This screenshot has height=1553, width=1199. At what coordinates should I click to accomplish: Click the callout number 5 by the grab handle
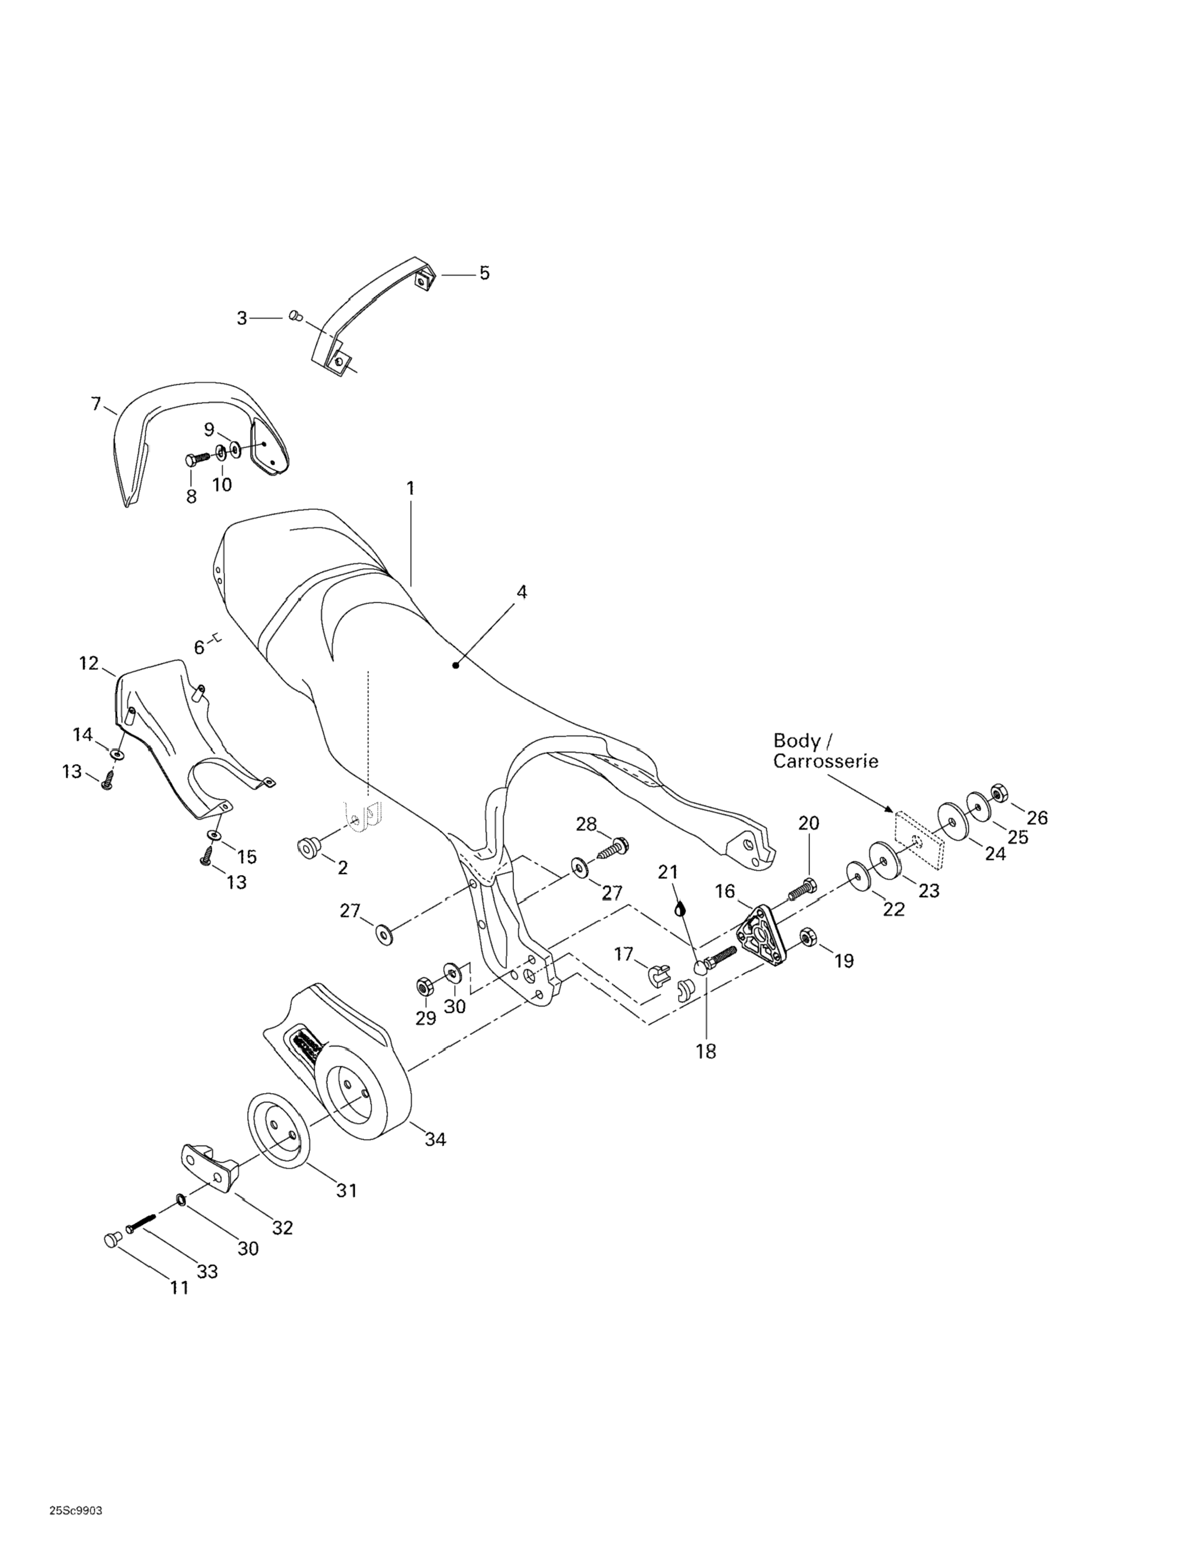484,273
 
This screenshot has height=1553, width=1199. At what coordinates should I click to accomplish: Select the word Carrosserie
826,761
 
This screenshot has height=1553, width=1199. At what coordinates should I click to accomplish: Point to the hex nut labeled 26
998,791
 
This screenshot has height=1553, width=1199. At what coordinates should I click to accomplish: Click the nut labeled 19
807,937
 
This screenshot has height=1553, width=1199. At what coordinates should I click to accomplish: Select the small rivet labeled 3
296,315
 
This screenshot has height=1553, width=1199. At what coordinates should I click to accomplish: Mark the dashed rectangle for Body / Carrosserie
918,840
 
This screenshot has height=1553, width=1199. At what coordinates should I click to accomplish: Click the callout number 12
89,663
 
